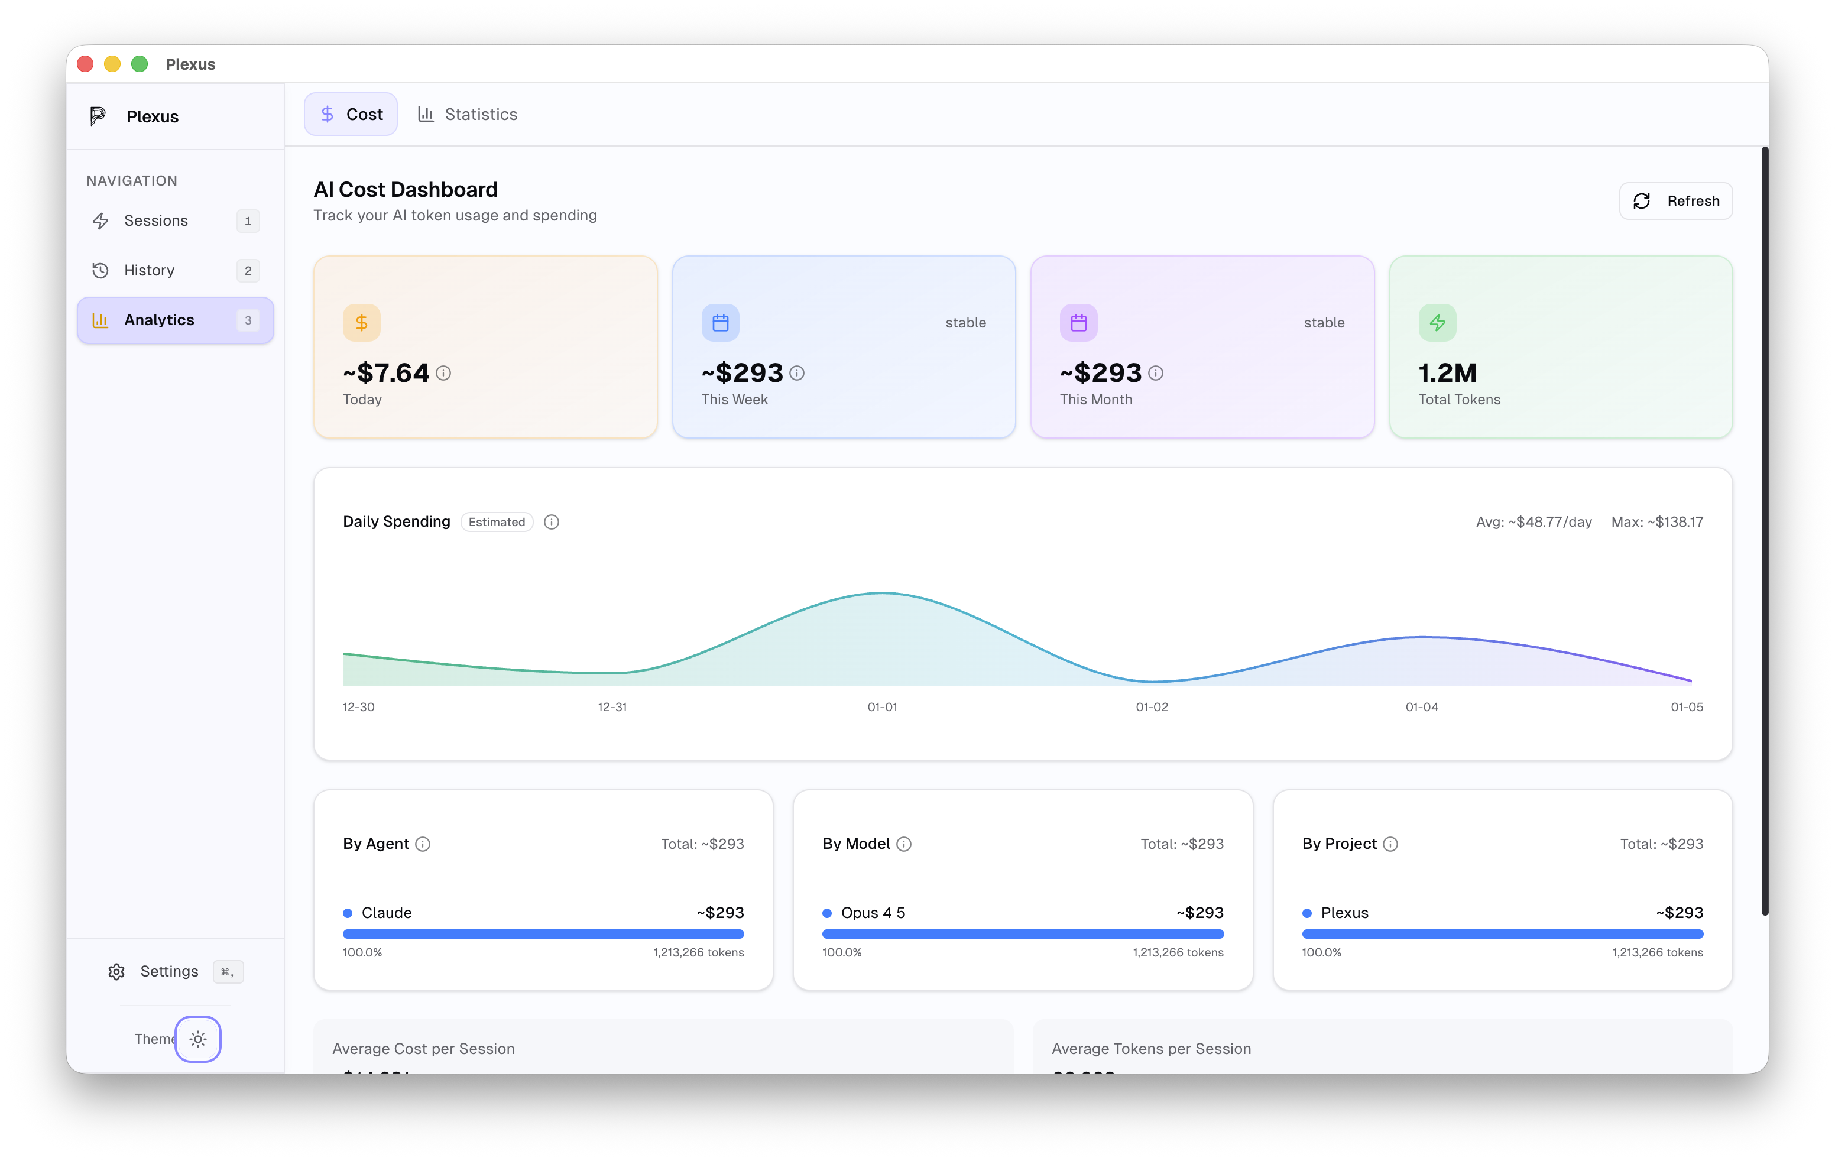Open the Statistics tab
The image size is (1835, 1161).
click(467, 114)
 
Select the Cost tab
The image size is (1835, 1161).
click(351, 114)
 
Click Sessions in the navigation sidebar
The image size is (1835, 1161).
click(155, 221)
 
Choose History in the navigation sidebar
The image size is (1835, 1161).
click(150, 270)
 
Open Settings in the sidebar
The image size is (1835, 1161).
click(168, 971)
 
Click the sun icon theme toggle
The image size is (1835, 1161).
click(198, 1039)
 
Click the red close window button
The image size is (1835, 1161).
click(85, 64)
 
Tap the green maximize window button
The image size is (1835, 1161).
click(140, 64)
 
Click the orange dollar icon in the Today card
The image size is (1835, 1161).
click(361, 323)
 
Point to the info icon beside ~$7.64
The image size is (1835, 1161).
click(443, 373)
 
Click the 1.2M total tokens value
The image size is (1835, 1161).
click(1447, 373)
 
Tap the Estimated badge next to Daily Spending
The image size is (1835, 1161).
click(497, 522)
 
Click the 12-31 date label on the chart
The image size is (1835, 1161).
click(612, 707)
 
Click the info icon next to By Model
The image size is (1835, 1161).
click(904, 844)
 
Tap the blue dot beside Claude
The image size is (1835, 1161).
click(348, 913)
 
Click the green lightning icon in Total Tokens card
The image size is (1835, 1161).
click(1437, 323)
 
